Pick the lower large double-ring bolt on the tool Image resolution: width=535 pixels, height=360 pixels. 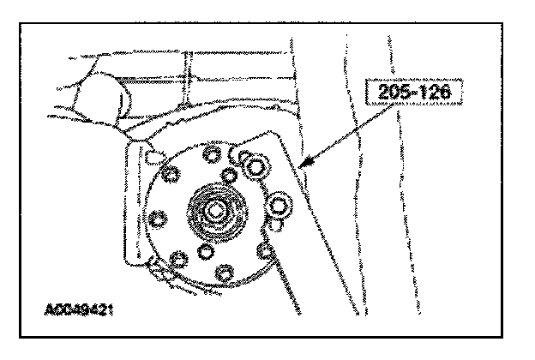click(x=280, y=205)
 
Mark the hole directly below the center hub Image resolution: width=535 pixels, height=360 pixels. click(x=205, y=254)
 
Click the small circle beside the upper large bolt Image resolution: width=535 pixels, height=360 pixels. click(x=237, y=154)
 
